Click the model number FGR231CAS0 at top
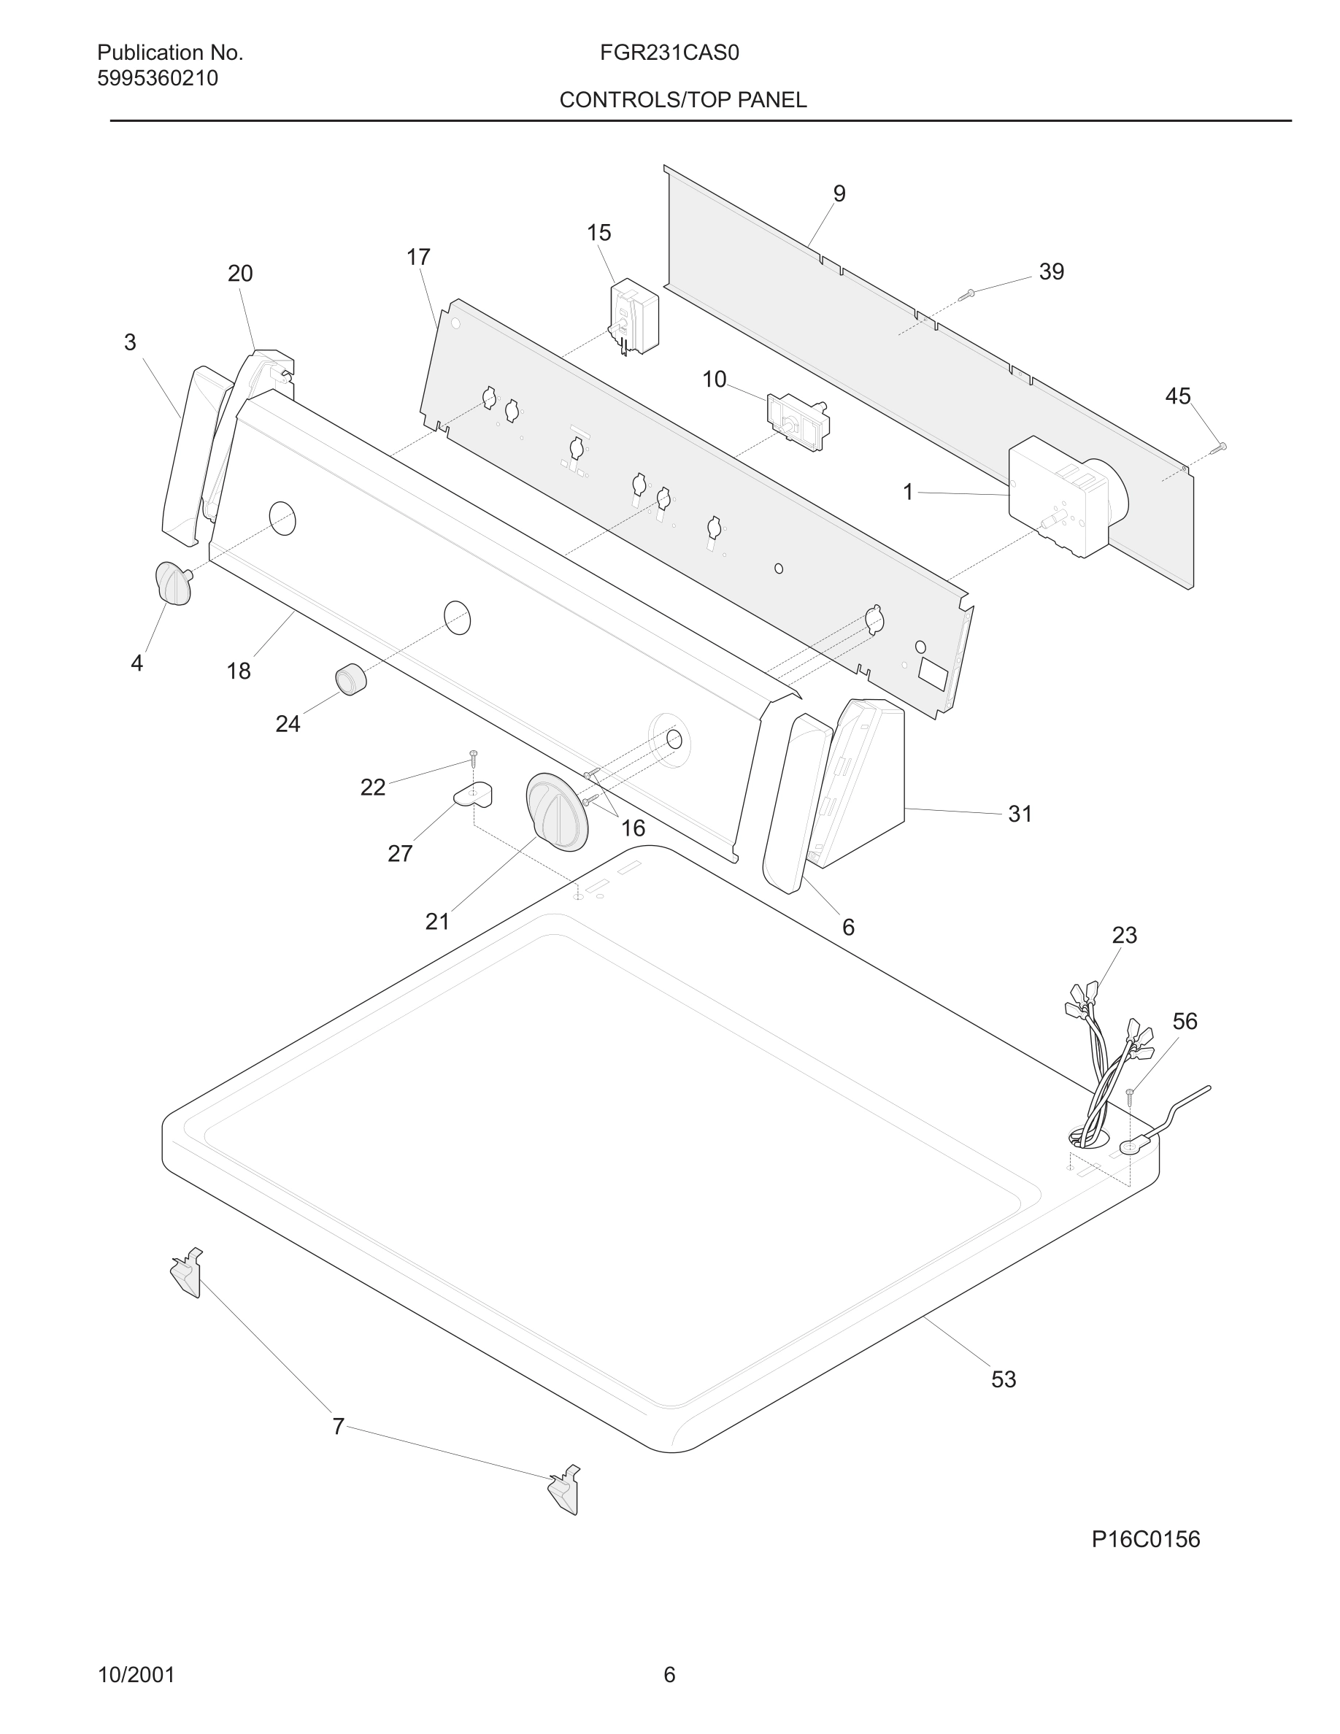pyautogui.click(x=669, y=53)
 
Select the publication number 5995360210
pyautogui.click(x=157, y=79)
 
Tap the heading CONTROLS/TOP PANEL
pyautogui.click(x=682, y=100)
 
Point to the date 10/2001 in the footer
pyautogui.click(x=136, y=1674)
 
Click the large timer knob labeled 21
pyautogui.click(x=558, y=812)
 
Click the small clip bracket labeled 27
pyautogui.click(x=474, y=794)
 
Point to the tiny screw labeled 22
pyautogui.click(x=473, y=757)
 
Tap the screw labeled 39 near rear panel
pyautogui.click(x=966, y=295)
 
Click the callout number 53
pyautogui.click(x=1004, y=1379)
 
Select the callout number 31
pyautogui.click(x=1020, y=814)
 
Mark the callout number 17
pyautogui.click(x=417, y=257)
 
